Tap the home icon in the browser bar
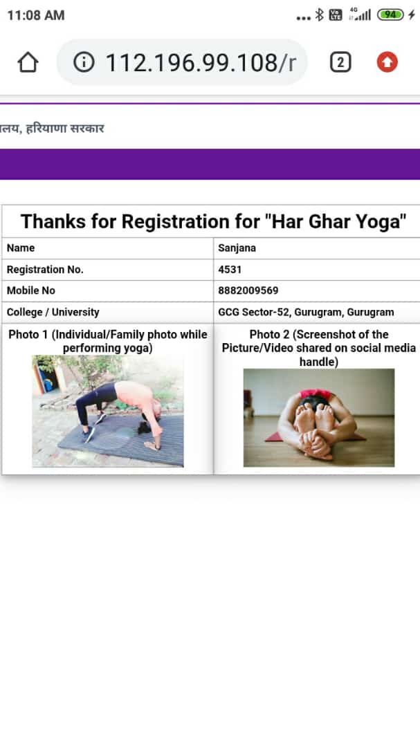click(28, 62)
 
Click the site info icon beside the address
click(84, 62)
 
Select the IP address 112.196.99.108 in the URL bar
click(191, 63)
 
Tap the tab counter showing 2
click(340, 62)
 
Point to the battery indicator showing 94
click(390, 15)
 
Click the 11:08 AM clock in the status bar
click(36, 15)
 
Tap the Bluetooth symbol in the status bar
click(320, 15)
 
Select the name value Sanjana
click(237, 248)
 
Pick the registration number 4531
click(230, 270)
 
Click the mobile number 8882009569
click(248, 290)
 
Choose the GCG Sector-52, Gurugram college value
click(306, 313)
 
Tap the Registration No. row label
click(45, 270)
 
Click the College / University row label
click(53, 313)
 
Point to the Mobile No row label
click(31, 290)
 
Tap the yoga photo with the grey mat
click(108, 411)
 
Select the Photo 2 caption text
click(319, 348)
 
